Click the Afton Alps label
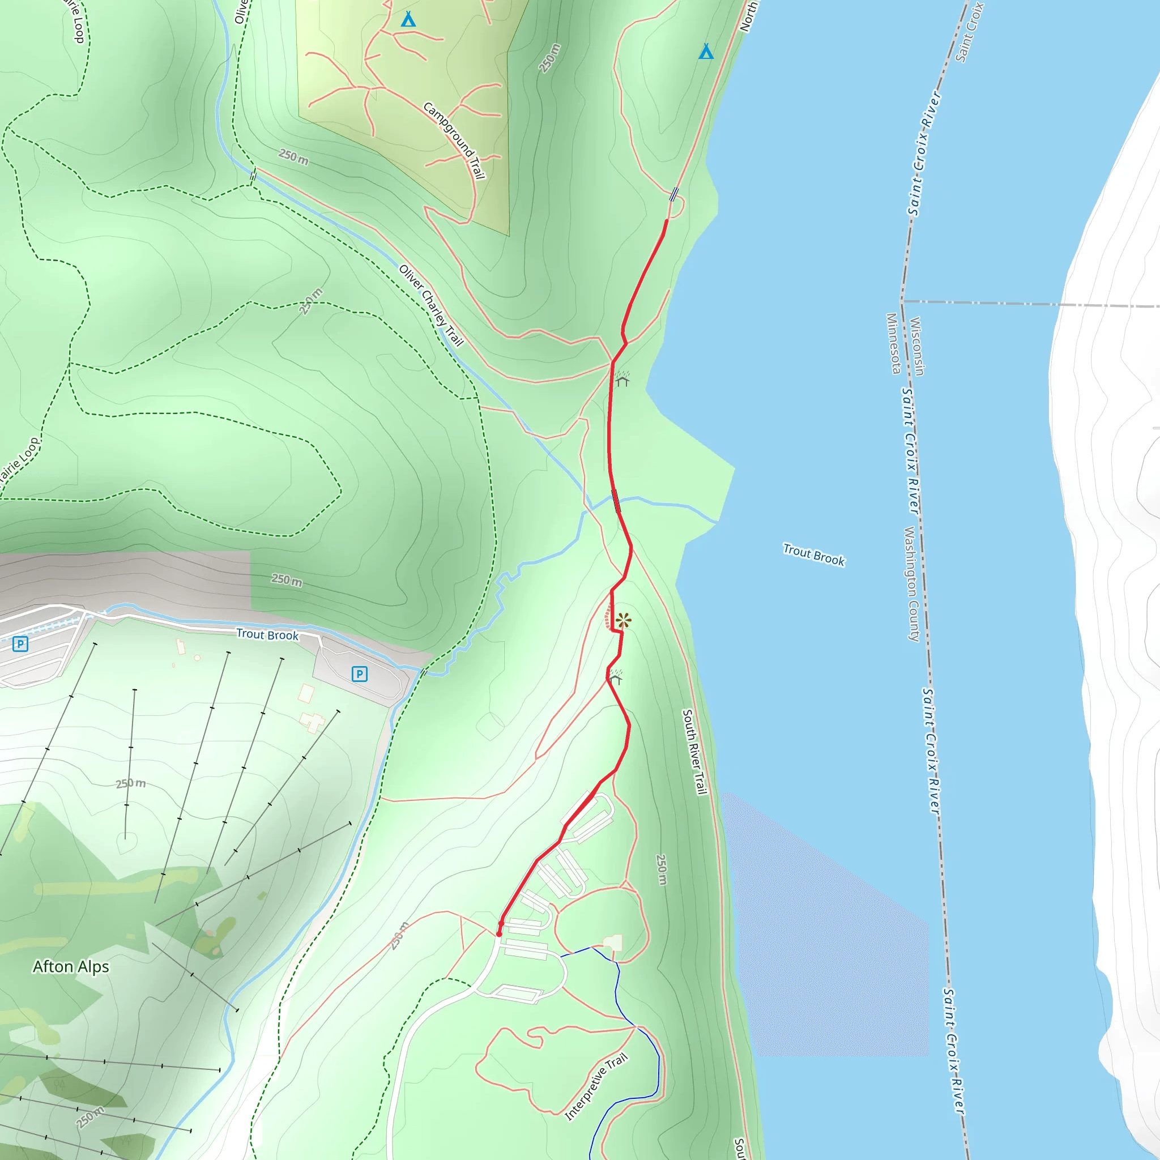71,966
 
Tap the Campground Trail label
454,140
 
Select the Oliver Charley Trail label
431,306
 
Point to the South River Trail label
694,752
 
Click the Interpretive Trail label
596,1086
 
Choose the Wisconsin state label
917,347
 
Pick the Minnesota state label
893,343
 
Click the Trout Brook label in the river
813,555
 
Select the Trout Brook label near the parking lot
267,634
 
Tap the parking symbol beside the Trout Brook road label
359,673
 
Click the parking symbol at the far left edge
20,644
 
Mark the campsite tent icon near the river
706,52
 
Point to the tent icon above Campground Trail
408,19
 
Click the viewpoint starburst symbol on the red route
623,620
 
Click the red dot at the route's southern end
499,933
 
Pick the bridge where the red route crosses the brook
616,501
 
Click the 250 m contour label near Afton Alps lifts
131,783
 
